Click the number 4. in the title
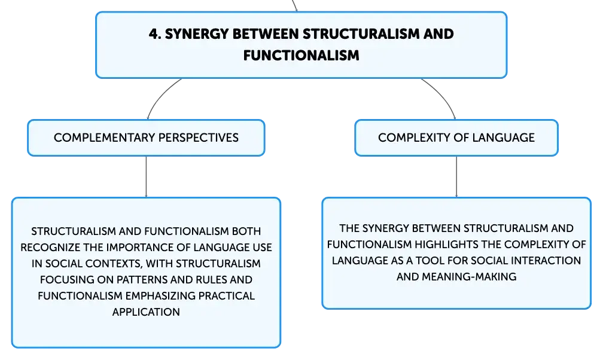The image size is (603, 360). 155,34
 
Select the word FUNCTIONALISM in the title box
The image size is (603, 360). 301,56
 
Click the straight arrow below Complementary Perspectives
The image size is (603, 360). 146,176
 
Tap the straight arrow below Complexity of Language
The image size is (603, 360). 456,176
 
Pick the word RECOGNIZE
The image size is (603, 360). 51,248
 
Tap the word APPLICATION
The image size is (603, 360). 146,312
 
